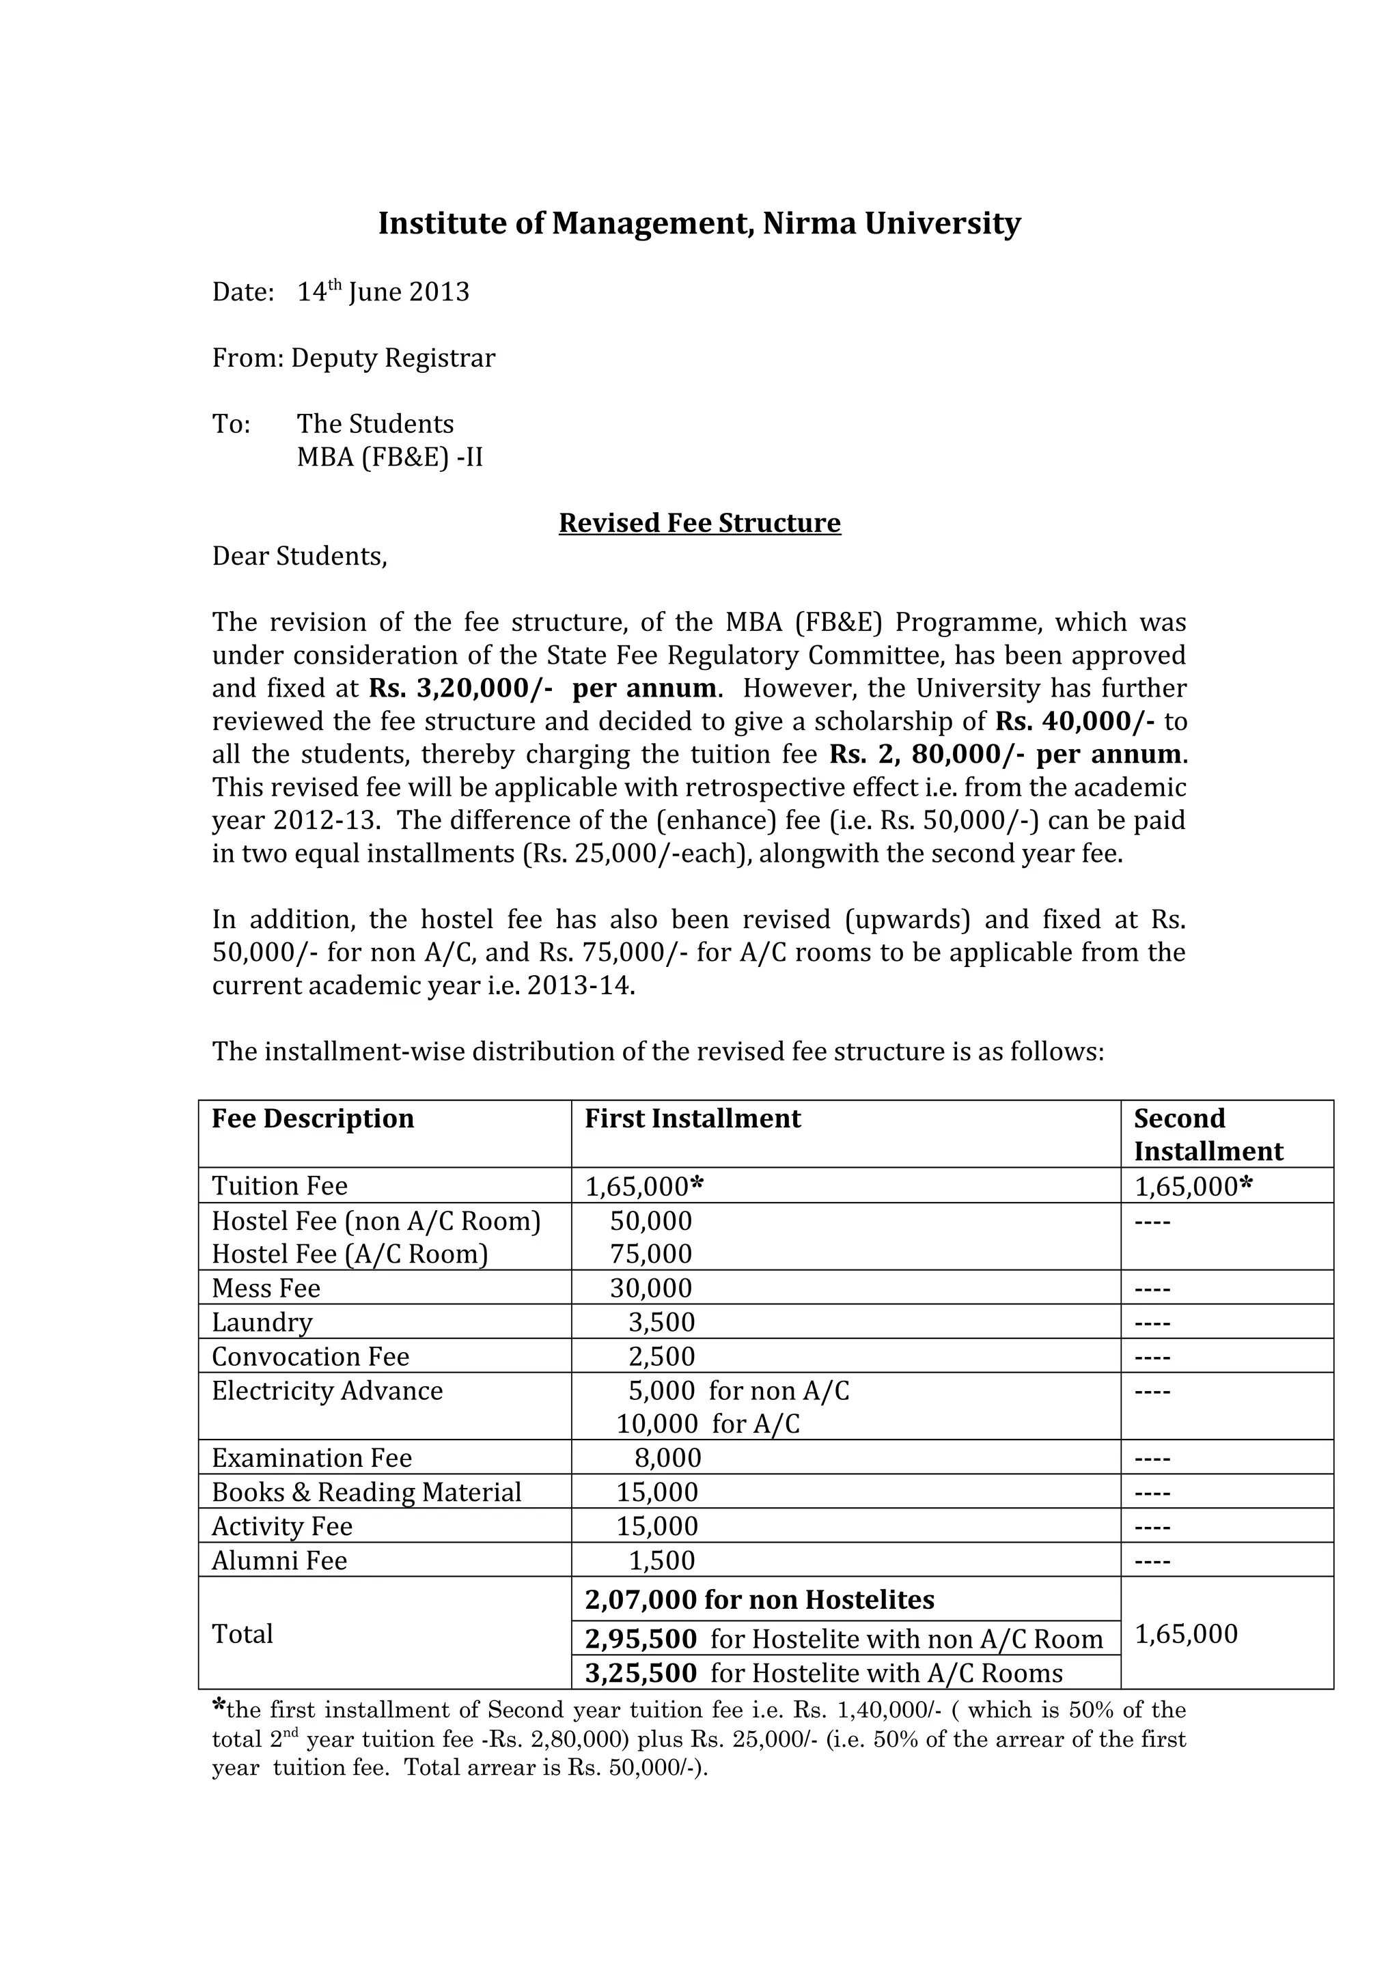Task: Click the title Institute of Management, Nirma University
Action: click(699, 223)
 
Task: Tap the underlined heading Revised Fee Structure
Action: click(699, 523)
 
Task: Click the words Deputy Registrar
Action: click(393, 358)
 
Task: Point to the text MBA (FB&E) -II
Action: click(389, 457)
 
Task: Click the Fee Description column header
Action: click(313, 1119)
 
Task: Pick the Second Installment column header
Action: click(1208, 1134)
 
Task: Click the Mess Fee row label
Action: click(266, 1288)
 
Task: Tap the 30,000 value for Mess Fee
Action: click(651, 1288)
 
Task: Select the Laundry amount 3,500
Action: click(661, 1322)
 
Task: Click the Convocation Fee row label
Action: click(310, 1357)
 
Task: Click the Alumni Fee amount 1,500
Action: click(661, 1560)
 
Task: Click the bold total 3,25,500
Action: click(641, 1673)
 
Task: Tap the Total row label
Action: click(243, 1634)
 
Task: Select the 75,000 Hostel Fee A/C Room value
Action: click(651, 1254)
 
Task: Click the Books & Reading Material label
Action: click(366, 1492)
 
